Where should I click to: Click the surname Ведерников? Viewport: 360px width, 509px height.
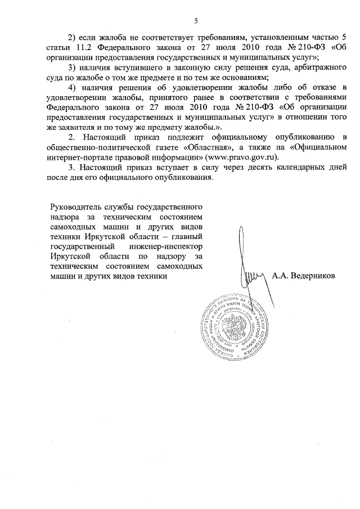[313, 276]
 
